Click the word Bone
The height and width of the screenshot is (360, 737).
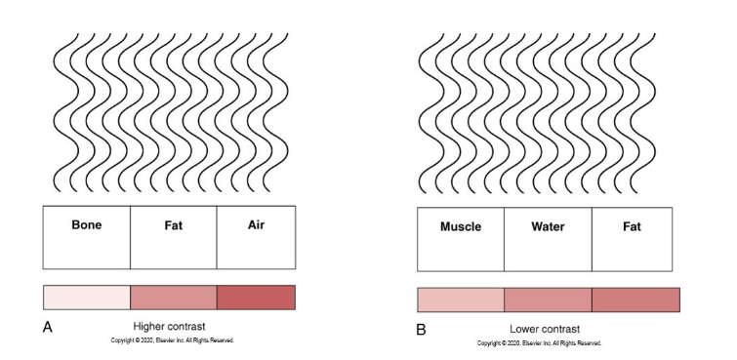[87, 224]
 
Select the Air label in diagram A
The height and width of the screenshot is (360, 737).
[256, 224]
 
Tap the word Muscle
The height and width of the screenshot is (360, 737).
[461, 226]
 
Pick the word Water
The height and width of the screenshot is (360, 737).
[548, 226]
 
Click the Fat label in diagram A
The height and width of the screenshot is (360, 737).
[172, 225]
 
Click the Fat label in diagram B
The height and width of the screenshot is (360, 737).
[632, 226]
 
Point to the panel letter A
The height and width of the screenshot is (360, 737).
[47, 328]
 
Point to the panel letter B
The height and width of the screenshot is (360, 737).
[421, 330]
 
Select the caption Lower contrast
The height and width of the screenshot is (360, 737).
[543, 329]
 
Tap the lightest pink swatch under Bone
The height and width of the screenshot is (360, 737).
[87, 297]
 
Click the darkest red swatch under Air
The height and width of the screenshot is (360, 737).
[256, 297]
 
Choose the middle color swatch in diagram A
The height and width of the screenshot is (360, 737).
[173, 297]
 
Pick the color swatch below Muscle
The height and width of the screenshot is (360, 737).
[461, 300]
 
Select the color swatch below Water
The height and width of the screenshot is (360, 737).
[548, 300]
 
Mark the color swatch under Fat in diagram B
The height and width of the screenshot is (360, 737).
[635, 300]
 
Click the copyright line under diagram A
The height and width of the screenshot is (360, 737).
[172, 340]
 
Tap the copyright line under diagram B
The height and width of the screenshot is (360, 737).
[539, 343]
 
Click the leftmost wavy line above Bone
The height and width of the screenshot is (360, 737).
[58, 112]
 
